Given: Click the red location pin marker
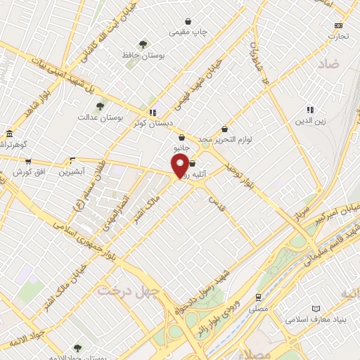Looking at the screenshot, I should (180, 166).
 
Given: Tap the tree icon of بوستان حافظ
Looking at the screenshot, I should (143, 44).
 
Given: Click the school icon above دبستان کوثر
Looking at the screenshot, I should (152, 112).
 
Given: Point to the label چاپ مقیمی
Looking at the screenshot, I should (188, 32).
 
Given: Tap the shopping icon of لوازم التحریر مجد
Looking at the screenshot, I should (224, 129).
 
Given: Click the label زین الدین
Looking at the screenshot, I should (309, 120).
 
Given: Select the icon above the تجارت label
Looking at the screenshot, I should (338, 25).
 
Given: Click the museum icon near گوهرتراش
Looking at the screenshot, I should (9, 134).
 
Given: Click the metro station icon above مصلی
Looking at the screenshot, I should (258, 297).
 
